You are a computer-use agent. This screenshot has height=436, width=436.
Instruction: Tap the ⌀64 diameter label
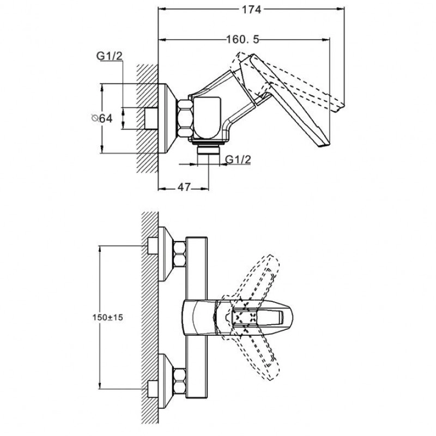pos(102,118)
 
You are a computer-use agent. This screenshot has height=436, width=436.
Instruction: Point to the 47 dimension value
pos(184,187)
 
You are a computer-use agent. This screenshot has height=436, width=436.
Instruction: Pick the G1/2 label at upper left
pos(108,56)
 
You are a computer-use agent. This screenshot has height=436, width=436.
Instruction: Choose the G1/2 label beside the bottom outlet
pos(238,159)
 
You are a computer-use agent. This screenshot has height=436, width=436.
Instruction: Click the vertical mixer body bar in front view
pos(197,316)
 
